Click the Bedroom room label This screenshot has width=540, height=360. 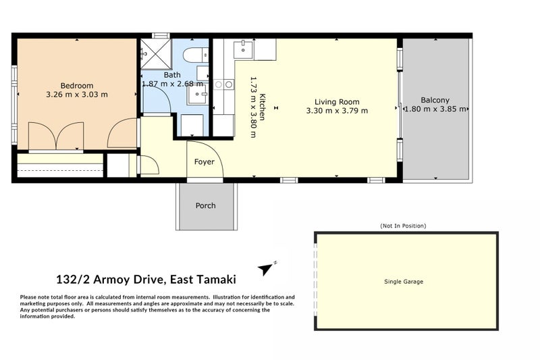coord(77,85)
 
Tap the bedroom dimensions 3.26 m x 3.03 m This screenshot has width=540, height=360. coord(77,95)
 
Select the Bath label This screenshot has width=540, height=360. coord(172,75)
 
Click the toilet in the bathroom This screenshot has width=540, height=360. coord(195,55)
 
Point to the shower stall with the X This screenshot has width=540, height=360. coord(156,54)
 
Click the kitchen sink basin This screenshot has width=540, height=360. coord(243,49)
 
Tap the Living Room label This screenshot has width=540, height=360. coord(337,102)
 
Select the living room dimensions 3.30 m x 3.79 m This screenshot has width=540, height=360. coord(337,111)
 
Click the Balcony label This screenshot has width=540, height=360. coord(435,100)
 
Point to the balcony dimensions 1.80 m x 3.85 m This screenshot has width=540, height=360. coord(435,109)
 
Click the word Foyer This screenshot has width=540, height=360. coord(205,162)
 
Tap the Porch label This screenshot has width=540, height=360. coord(206,205)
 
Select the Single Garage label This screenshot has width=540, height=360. coord(404,282)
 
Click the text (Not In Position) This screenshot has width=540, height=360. coord(403,226)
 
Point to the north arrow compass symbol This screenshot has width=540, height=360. coord(266,268)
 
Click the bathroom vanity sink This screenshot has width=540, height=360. coord(197,94)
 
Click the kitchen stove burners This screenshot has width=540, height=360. coord(224,84)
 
